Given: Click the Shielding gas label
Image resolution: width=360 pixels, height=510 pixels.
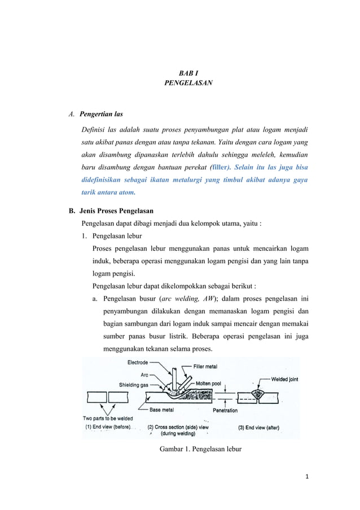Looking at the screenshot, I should (x=134, y=385).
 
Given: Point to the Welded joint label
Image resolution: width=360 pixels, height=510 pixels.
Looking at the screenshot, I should (x=285, y=380).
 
